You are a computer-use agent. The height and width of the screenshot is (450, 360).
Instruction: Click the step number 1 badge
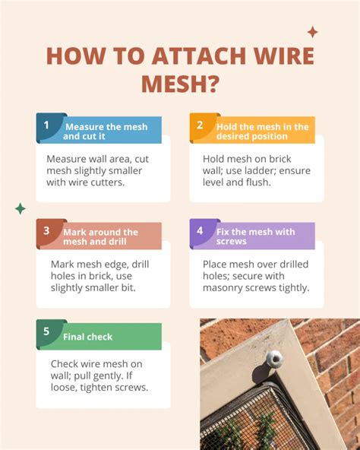tap(46, 125)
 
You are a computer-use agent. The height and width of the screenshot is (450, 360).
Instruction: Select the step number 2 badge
tap(200, 125)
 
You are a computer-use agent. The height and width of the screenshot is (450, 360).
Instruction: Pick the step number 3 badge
tap(46, 230)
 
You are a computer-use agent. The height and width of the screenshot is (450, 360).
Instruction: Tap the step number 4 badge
tap(200, 230)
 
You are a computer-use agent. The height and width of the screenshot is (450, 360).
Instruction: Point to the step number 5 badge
tap(46, 331)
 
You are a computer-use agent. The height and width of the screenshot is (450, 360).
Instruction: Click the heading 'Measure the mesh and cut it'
tap(102, 131)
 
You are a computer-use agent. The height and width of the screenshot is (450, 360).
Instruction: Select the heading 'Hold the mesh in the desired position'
tap(262, 131)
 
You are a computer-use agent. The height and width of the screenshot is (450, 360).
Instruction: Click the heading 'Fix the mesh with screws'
tap(255, 236)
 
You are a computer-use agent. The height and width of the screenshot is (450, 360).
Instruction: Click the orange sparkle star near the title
tap(312, 32)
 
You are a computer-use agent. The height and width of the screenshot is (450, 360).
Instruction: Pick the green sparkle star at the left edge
tap(21, 208)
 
